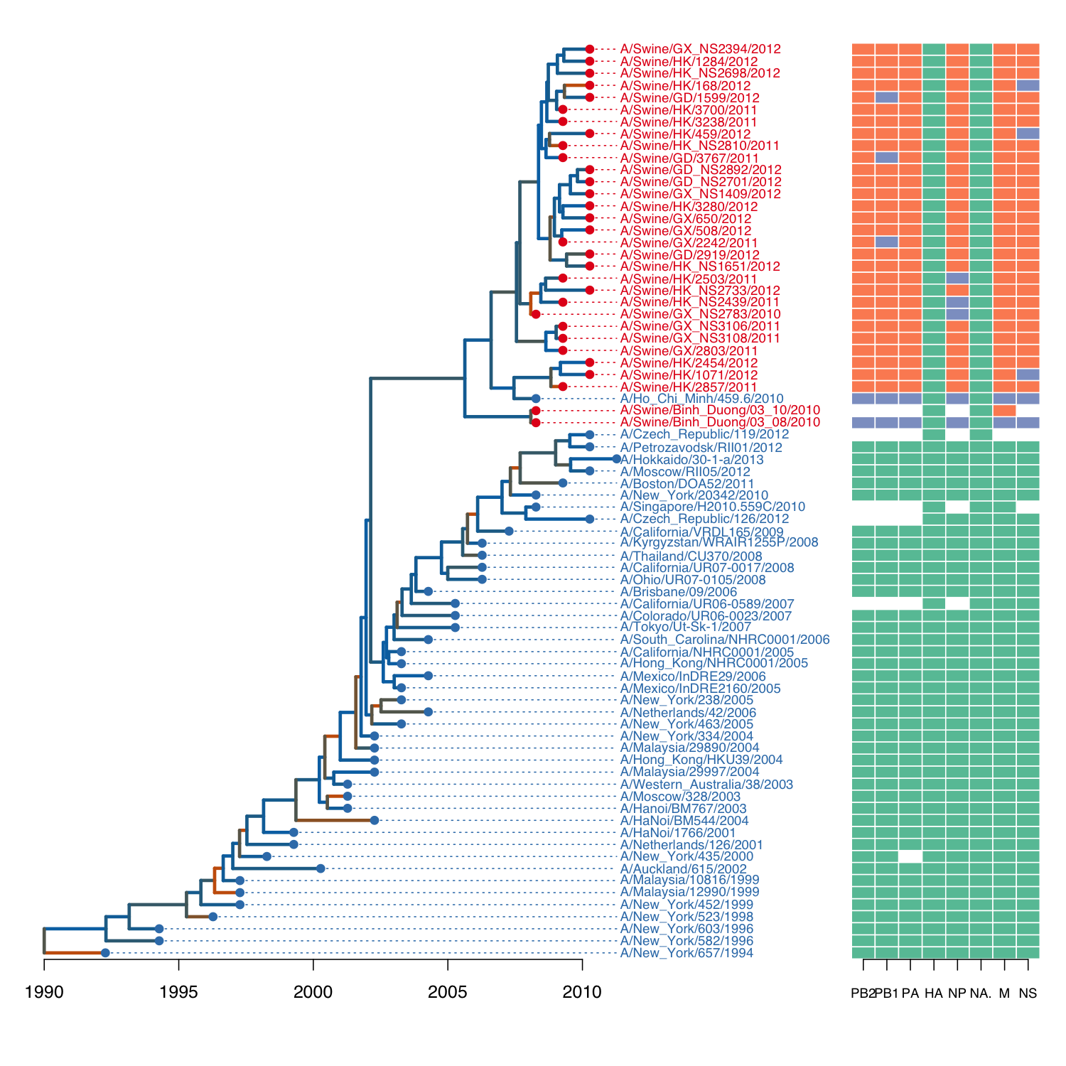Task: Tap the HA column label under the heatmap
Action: click(x=934, y=994)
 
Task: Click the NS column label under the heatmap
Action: click(x=1028, y=994)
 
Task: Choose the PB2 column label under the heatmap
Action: click(x=863, y=994)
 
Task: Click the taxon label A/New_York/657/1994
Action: click(x=687, y=953)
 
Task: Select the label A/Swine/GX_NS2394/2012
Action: click(x=700, y=49)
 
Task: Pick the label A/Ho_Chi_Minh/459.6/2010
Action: click(x=701, y=399)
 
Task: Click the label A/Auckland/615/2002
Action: click(x=683, y=868)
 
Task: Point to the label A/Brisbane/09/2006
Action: click(x=679, y=591)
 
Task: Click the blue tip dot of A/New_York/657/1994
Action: click(x=105, y=953)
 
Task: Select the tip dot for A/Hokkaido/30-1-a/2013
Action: click(x=616, y=459)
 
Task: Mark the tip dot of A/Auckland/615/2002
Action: click(x=321, y=868)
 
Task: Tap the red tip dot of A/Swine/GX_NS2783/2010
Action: click(x=536, y=314)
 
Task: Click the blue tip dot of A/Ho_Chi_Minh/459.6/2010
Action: click(x=536, y=399)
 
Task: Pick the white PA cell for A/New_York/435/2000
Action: click(x=910, y=856)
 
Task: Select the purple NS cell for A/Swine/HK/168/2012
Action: click(x=1028, y=85)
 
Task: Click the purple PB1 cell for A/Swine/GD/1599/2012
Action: click(x=887, y=97)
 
